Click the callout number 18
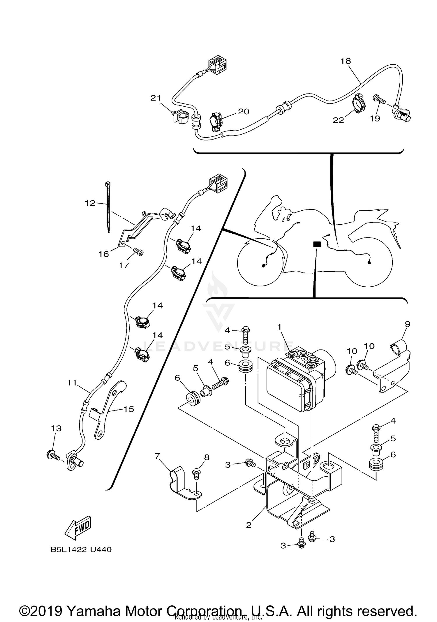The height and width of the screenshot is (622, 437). pyautogui.click(x=346, y=61)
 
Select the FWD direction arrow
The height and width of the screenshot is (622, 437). pyautogui.click(x=78, y=528)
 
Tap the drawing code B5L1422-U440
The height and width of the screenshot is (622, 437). pyautogui.click(x=81, y=550)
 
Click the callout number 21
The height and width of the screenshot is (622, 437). pyautogui.click(x=156, y=98)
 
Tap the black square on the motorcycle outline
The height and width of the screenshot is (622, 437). pyautogui.click(x=317, y=245)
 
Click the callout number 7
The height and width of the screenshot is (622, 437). pyautogui.click(x=157, y=456)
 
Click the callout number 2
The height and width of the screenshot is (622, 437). pyautogui.click(x=249, y=525)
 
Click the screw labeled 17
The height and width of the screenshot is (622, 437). pyautogui.click(x=139, y=252)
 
